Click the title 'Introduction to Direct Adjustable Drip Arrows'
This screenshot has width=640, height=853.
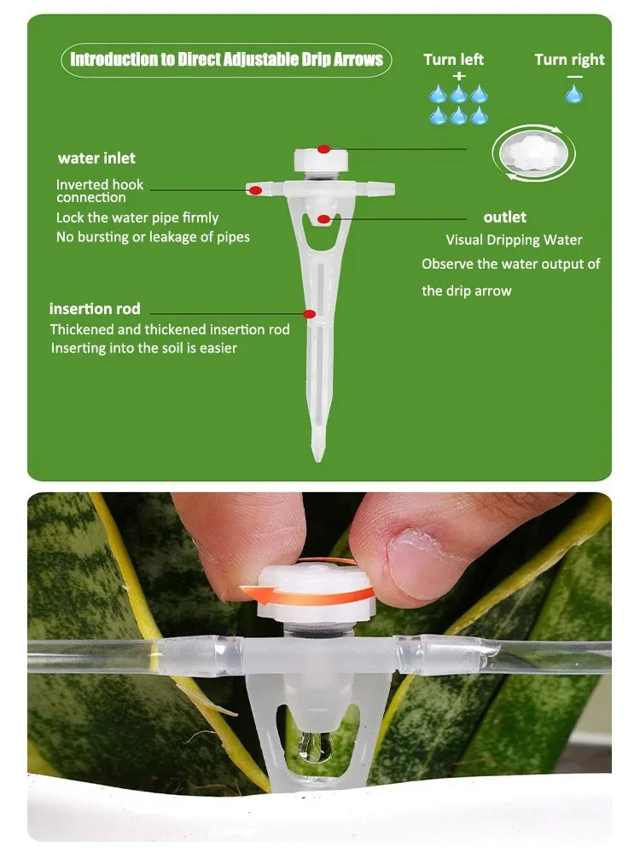tap(226, 60)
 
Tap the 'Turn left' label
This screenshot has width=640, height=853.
tap(453, 60)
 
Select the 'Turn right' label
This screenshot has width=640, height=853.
tap(569, 60)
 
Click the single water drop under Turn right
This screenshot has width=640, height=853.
tap(574, 94)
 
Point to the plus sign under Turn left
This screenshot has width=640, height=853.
tap(459, 76)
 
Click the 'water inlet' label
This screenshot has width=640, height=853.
tap(97, 159)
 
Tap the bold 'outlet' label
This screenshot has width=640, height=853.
tap(504, 217)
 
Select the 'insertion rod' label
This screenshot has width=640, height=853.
tap(95, 309)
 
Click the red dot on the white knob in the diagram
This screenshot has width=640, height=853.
tap(323, 148)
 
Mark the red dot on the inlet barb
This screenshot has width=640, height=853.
tap(255, 190)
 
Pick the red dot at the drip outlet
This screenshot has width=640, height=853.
tap(323, 219)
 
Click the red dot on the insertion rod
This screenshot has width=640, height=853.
tap(309, 314)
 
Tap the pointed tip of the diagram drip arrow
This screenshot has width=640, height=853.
tap(318, 460)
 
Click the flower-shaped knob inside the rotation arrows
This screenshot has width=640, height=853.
tap(533, 154)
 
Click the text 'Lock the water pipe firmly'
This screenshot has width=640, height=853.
tap(137, 218)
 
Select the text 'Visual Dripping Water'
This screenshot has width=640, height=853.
tap(514, 240)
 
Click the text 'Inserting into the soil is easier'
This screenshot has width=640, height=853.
tap(144, 348)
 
